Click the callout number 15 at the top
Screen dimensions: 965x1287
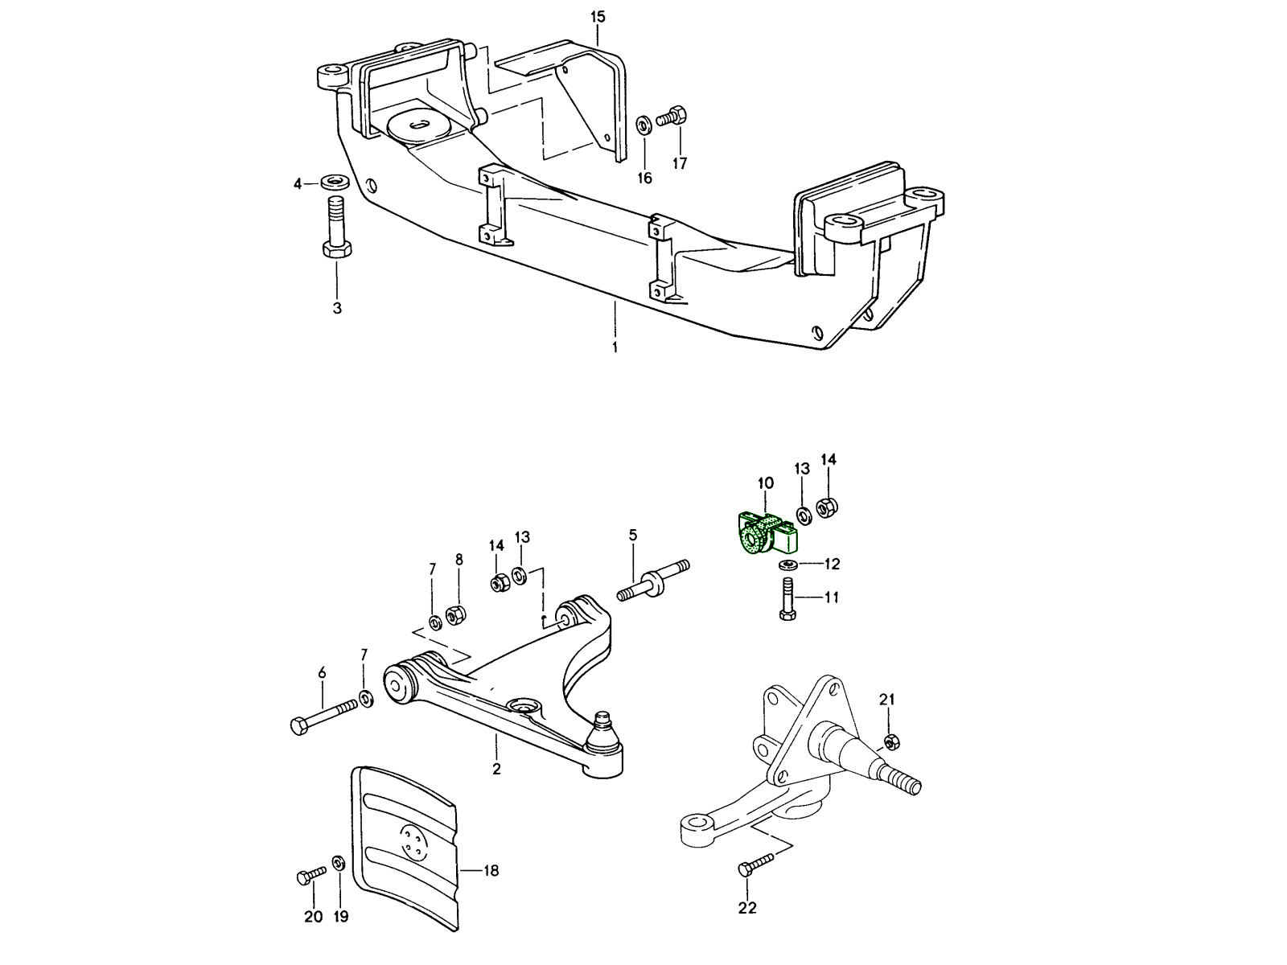pyautogui.click(x=598, y=17)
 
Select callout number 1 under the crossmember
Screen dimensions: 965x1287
pyautogui.click(x=615, y=347)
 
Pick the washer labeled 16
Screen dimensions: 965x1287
pyautogui.click(x=643, y=125)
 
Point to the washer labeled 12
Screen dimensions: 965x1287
pyautogui.click(x=788, y=565)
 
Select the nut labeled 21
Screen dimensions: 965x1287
pyautogui.click(x=890, y=740)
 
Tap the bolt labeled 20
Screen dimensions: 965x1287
pyautogui.click(x=310, y=875)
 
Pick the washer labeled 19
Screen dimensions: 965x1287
pyautogui.click(x=339, y=864)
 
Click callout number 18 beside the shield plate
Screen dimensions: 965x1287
pyautogui.click(x=491, y=870)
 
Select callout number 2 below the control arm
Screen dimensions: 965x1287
pyautogui.click(x=496, y=769)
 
